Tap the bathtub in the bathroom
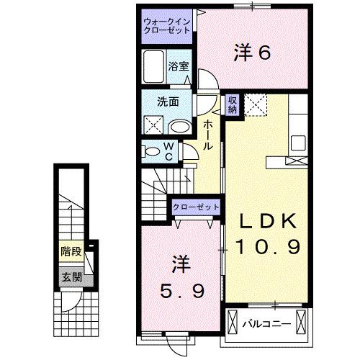pos(153,67)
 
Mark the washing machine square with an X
pos(154,125)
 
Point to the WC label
pos(167,151)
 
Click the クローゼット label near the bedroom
pos(195,207)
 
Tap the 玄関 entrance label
pos(70,276)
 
